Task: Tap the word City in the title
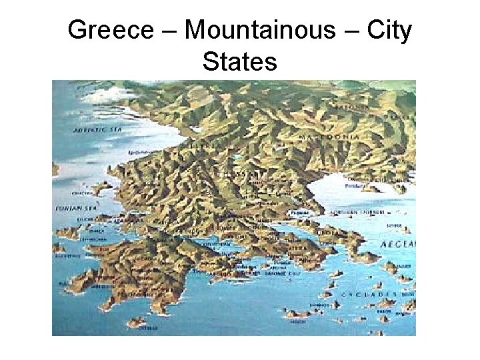click(389, 30)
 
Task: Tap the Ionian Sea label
click(71, 208)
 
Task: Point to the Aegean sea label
click(397, 244)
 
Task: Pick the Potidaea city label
click(355, 186)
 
